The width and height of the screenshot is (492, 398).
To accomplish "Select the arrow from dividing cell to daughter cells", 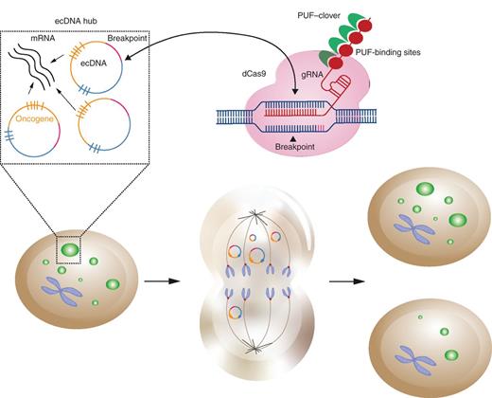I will [x=342, y=282].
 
